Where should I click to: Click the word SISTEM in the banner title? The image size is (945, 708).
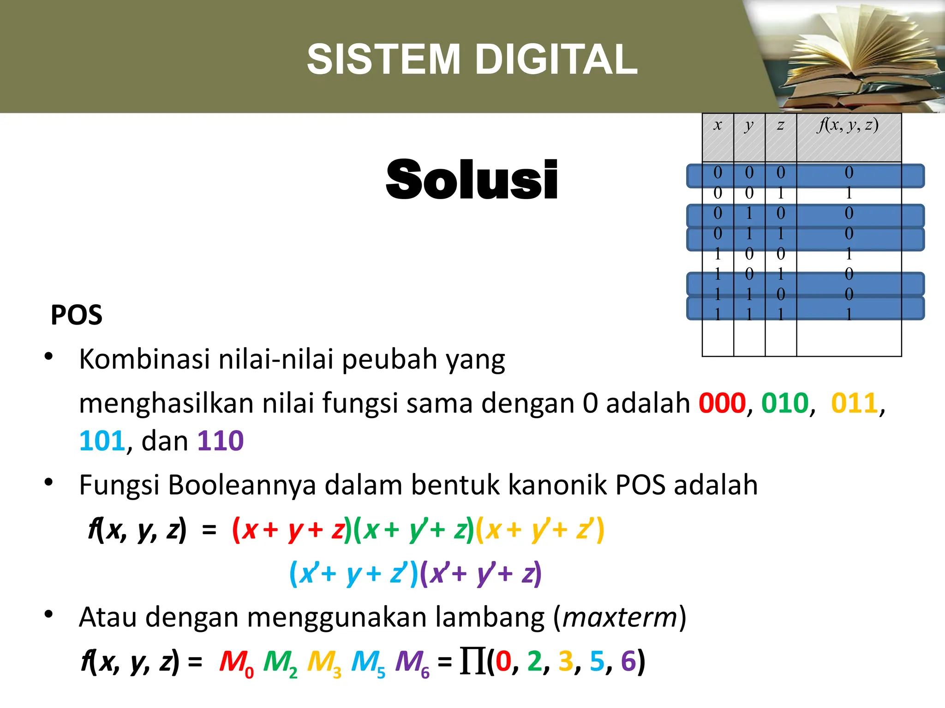pyautogui.click(x=383, y=59)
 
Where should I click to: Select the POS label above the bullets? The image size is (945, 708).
pyautogui.click(x=77, y=315)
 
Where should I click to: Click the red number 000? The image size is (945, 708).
pyautogui.click(x=722, y=403)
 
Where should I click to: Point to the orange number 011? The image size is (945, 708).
pyautogui.click(x=854, y=403)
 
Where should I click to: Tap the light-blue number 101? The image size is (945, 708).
pyautogui.click(x=102, y=441)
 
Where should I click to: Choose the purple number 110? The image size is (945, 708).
pyautogui.click(x=220, y=441)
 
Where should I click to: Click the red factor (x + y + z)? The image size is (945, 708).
pyautogui.click(x=288, y=530)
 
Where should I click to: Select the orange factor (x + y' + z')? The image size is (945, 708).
pyautogui.click(x=540, y=530)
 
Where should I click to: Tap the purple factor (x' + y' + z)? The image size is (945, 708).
pyautogui.click(x=480, y=574)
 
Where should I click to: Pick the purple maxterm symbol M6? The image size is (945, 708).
pyautogui.click(x=412, y=662)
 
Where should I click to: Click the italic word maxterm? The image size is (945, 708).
pyautogui.click(x=620, y=617)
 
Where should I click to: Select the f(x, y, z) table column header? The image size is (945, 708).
pyautogui.click(x=848, y=125)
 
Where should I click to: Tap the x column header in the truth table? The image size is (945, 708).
pyautogui.click(x=718, y=125)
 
